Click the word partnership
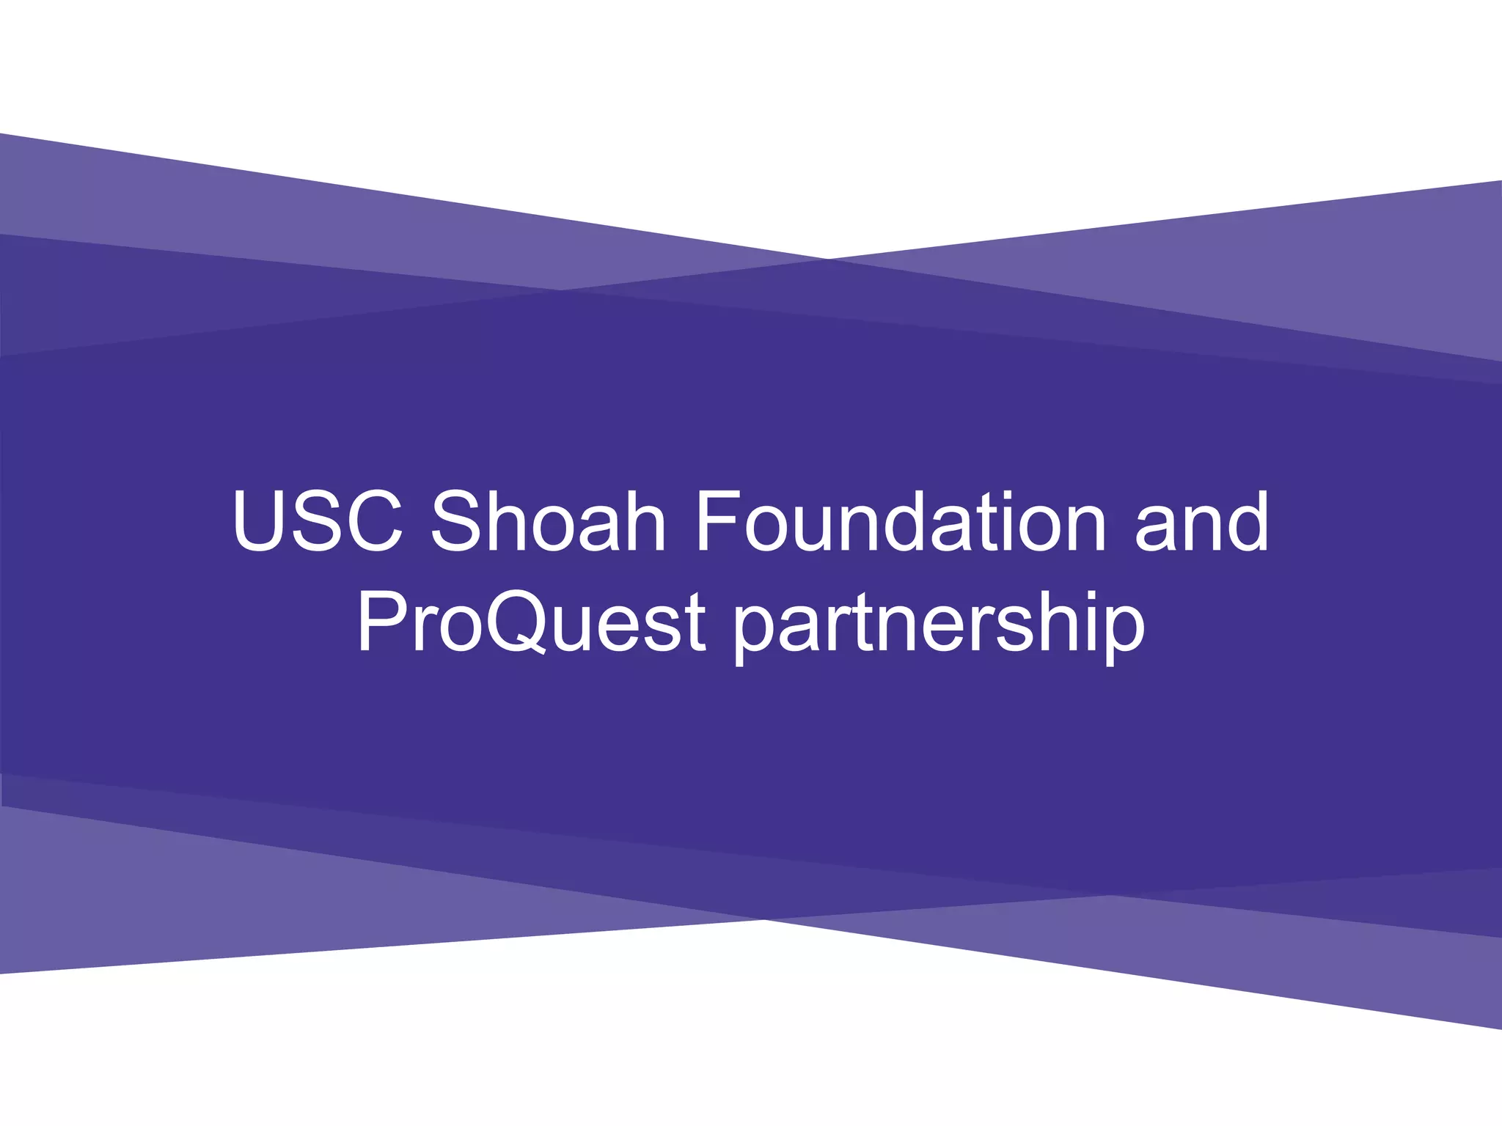coord(939,625)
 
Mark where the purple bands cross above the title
coord(825,259)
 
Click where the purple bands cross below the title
coord(763,919)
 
